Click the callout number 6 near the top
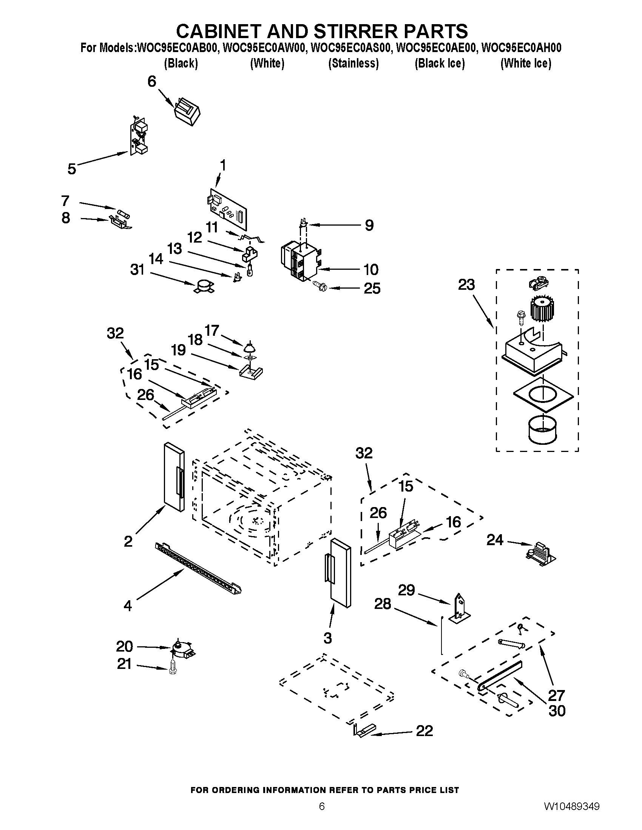[152, 81]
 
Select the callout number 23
[467, 284]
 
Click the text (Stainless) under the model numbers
[353, 63]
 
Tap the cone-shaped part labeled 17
[249, 347]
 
